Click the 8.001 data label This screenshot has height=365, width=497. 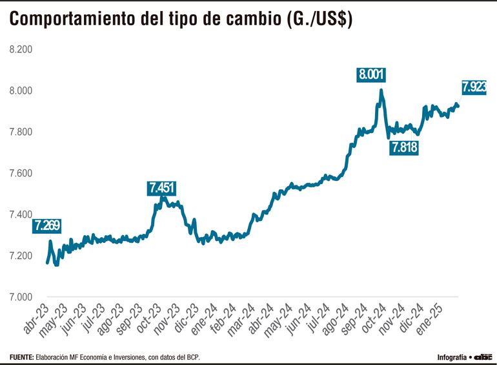(x=372, y=74)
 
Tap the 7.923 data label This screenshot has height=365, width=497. (x=474, y=87)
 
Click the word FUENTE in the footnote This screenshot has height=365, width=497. (x=21, y=357)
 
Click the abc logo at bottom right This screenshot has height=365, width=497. (x=483, y=356)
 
